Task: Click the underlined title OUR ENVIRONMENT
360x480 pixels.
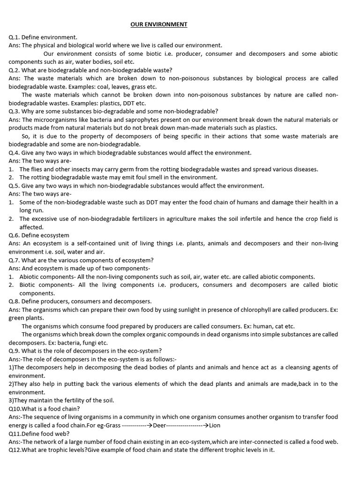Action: [x=159, y=24]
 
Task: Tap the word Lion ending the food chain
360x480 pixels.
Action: [x=215, y=425]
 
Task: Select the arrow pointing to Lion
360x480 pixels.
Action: [x=205, y=425]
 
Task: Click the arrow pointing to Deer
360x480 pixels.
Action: [x=148, y=425]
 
